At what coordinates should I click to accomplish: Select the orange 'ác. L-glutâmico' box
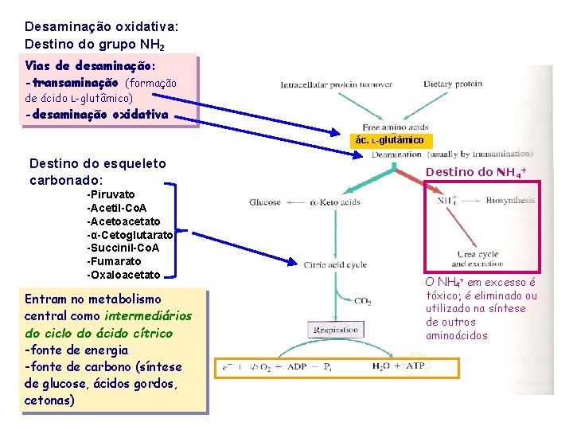393,141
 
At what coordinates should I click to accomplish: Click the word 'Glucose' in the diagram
266,202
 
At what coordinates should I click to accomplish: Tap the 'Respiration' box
337,329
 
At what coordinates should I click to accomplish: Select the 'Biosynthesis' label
510,201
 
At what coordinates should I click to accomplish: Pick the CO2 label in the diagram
362,302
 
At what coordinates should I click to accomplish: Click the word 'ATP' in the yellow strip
415,367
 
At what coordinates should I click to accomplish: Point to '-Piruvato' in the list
111,194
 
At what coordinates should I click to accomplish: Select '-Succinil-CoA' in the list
123,248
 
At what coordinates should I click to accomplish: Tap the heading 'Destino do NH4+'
477,172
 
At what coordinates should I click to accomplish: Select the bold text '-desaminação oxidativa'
96,115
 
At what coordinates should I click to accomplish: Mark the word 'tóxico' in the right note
443,296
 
